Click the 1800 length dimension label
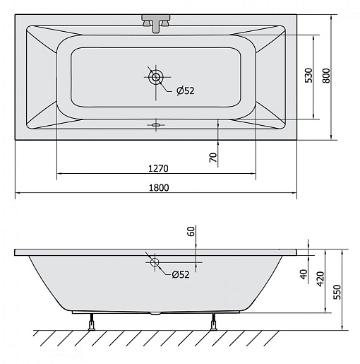click(x=159, y=188)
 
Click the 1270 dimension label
click(x=158, y=168)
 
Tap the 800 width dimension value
click(x=326, y=76)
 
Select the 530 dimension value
click(x=308, y=76)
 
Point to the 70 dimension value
click(x=213, y=158)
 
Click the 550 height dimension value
click(x=337, y=292)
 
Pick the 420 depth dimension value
click(x=320, y=279)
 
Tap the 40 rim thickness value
click(x=304, y=274)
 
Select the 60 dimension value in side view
click(x=191, y=231)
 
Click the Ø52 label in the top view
click(x=186, y=90)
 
